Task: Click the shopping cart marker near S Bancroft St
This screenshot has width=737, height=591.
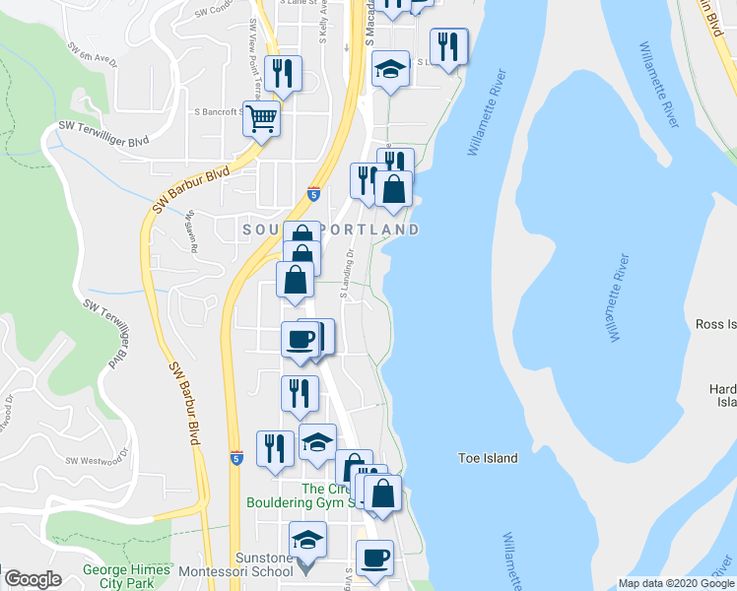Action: click(x=262, y=120)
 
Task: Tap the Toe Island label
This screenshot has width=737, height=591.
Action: click(x=488, y=458)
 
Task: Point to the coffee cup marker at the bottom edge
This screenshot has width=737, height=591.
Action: click(x=374, y=558)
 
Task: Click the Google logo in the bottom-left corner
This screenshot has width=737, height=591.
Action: click(x=33, y=579)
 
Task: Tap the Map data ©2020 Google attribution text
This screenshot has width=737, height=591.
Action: click(x=675, y=583)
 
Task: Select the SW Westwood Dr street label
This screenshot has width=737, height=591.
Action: click(x=98, y=460)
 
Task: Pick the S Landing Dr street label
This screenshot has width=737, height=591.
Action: click(x=348, y=274)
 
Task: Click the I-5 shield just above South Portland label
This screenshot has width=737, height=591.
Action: click(x=313, y=194)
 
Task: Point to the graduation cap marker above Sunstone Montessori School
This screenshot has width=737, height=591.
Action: click(x=307, y=541)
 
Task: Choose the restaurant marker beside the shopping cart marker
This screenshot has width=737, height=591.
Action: click(x=284, y=74)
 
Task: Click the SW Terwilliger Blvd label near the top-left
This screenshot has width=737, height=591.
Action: click(x=102, y=126)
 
